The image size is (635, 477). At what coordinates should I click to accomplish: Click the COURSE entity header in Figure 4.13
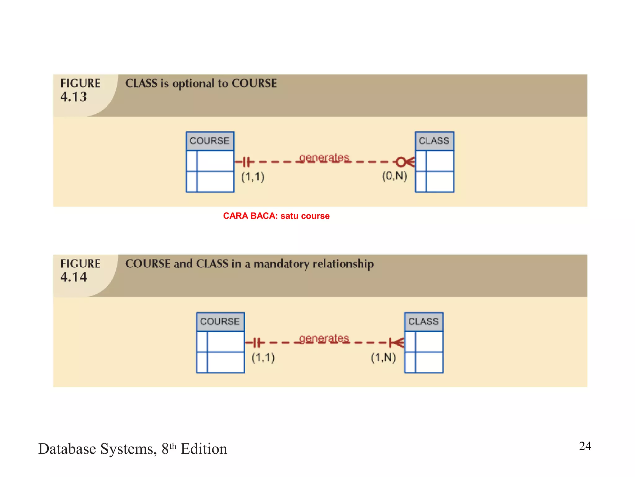pyautogui.click(x=210, y=141)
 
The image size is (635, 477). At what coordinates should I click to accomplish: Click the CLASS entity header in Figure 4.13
pyautogui.click(x=434, y=141)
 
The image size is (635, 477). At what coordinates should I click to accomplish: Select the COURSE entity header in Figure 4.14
pyautogui.click(x=220, y=321)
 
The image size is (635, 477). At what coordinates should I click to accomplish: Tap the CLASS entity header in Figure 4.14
pyautogui.click(x=424, y=321)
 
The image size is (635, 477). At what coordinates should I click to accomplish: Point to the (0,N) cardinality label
pyautogui.click(x=394, y=176)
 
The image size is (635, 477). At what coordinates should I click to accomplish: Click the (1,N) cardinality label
pyautogui.click(x=384, y=357)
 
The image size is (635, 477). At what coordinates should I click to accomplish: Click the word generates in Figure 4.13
pyautogui.click(x=324, y=158)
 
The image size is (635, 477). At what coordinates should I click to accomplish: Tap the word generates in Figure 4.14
pyautogui.click(x=324, y=338)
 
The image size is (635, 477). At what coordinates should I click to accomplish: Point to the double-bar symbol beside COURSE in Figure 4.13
pyautogui.click(x=246, y=162)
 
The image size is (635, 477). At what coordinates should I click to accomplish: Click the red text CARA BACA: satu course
pyautogui.click(x=276, y=216)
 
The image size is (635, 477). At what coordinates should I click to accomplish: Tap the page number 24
pyautogui.click(x=585, y=446)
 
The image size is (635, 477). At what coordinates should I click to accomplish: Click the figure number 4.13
pyautogui.click(x=73, y=97)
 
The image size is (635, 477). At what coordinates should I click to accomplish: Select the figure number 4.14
pyautogui.click(x=73, y=277)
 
